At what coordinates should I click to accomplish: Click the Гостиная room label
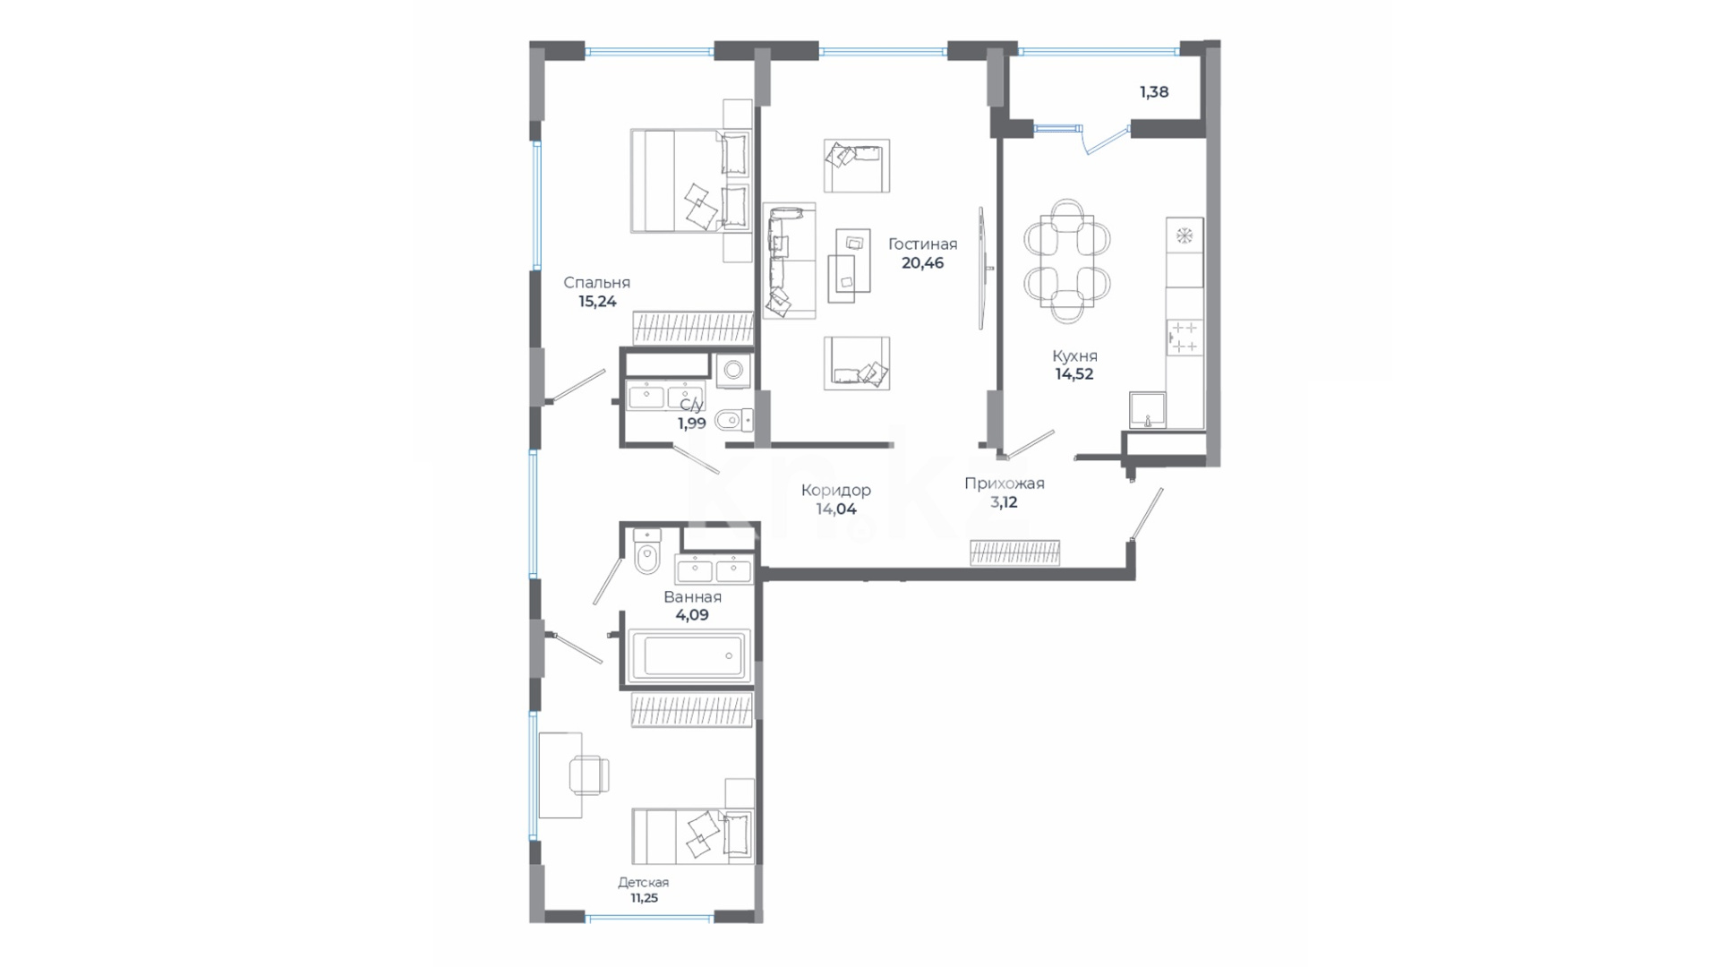[x=922, y=244]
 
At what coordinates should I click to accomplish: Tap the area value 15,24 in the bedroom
[x=597, y=302]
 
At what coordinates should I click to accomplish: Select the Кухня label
[x=1074, y=355]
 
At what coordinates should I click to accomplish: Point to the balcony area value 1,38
[x=1154, y=91]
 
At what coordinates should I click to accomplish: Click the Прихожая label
[x=1004, y=483]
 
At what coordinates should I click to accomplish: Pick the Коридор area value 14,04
[x=836, y=509]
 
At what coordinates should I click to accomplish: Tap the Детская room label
[x=643, y=882]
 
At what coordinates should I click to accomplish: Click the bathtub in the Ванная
[x=689, y=655]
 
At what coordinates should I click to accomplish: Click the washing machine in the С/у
[x=734, y=370]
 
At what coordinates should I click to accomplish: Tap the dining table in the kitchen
[x=1067, y=261]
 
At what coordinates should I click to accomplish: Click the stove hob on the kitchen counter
[x=1184, y=338]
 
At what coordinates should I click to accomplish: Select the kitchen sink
[x=1147, y=410]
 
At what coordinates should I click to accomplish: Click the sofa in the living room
[x=789, y=261]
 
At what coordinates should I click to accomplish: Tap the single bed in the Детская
[x=692, y=836]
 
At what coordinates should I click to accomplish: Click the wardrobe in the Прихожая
[x=1015, y=553]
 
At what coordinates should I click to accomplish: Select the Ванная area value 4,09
[x=692, y=615]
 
